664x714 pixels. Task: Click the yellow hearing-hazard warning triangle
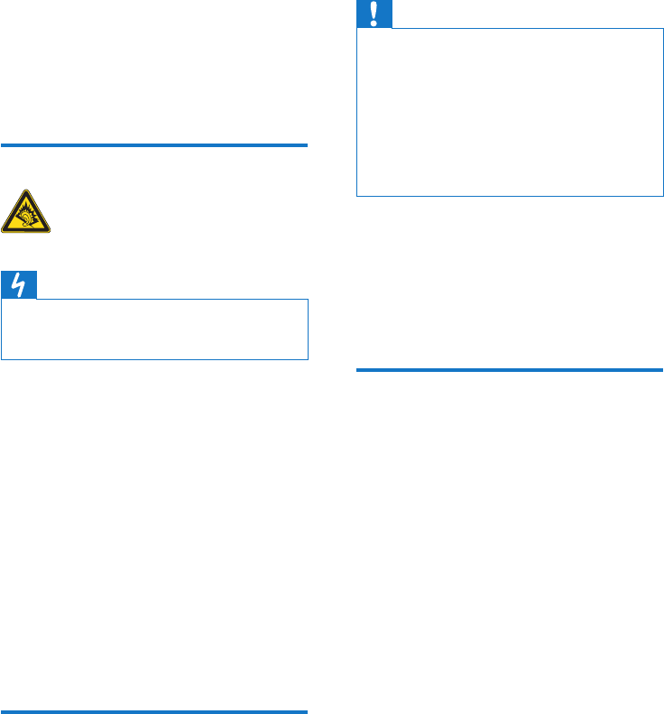[x=27, y=214]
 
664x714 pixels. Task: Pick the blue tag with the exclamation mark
[x=373, y=14]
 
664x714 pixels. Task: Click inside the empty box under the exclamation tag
[x=510, y=112]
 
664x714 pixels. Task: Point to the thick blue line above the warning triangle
[x=155, y=144]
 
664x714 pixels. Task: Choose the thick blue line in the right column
[x=510, y=369]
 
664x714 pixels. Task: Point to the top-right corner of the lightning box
[x=308, y=300]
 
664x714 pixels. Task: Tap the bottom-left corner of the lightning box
[x=3, y=359]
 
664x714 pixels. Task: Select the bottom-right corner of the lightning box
[x=308, y=359]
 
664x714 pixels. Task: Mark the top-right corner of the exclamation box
[x=663, y=29]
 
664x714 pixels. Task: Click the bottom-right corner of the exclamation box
[x=663, y=196]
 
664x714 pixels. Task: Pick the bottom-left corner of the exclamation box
[x=357, y=196]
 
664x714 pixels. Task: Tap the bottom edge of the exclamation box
[x=510, y=196]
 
